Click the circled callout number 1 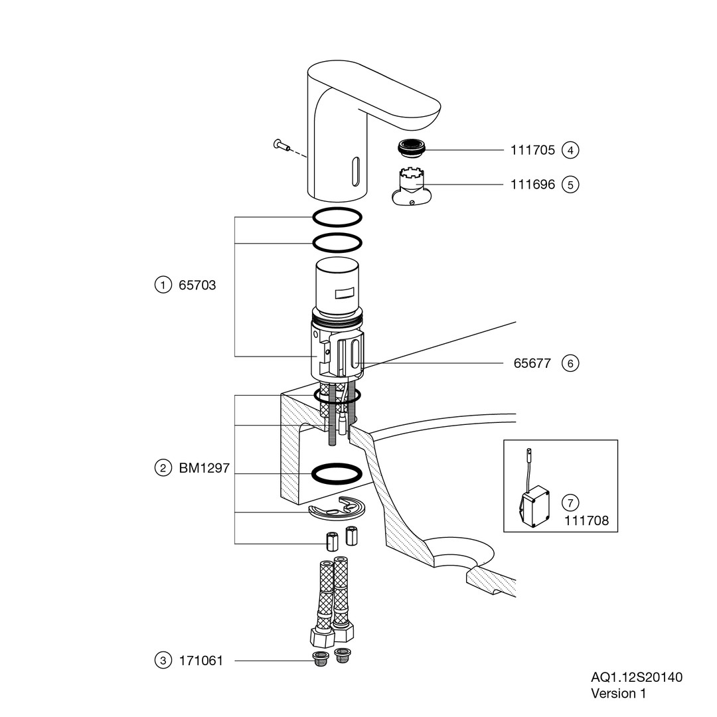click(162, 285)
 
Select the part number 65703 click(197, 285)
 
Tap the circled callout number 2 click(162, 468)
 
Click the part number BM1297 click(204, 468)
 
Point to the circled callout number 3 click(162, 661)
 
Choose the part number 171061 click(200, 661)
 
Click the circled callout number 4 click(570, 150)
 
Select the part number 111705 click(532, 150)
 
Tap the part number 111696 click(532, 185)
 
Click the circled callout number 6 click(570, 363)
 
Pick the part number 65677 click(532, 363)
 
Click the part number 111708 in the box click(586, 521)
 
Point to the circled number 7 click(570, 503)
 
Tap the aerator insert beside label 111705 click(412, 147)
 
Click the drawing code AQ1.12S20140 click(636, 677)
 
